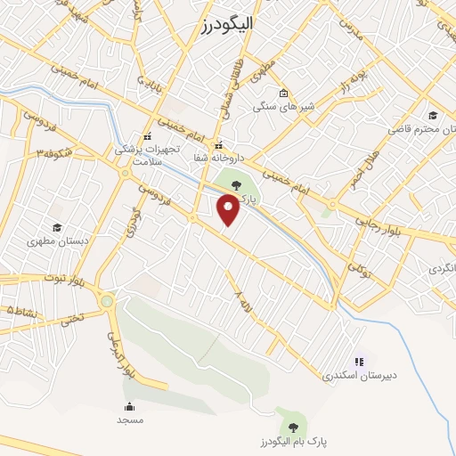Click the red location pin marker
pos(229,210)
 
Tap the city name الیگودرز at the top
pos(222,25)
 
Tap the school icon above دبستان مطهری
pos(57,227)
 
